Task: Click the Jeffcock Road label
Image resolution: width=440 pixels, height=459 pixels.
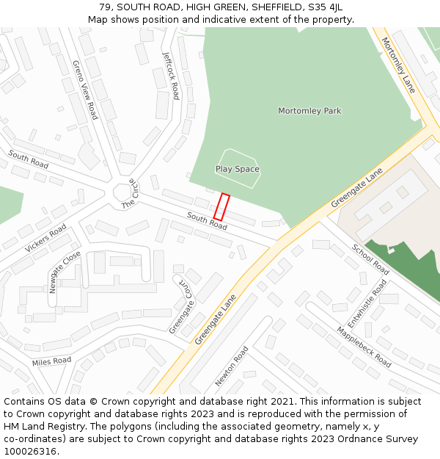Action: (170, 75)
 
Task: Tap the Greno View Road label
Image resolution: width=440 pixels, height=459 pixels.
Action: (84, 90)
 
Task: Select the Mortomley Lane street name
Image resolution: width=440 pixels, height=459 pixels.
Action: (398, 65)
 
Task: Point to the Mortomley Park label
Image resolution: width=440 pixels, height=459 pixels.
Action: (309, 111)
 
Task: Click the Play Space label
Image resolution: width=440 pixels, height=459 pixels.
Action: (237, 169)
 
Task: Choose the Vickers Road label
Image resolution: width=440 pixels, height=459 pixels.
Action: (45, 238)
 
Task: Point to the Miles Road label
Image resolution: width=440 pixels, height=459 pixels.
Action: (51, 361)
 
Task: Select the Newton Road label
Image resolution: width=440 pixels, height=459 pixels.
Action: (232, 366)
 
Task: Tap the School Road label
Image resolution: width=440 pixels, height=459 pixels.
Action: (370, 260)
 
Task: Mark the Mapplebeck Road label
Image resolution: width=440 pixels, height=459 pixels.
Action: (364, 347)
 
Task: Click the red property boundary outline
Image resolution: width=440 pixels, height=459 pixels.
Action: (221, 207)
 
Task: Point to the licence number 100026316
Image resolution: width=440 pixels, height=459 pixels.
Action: (30, 451)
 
